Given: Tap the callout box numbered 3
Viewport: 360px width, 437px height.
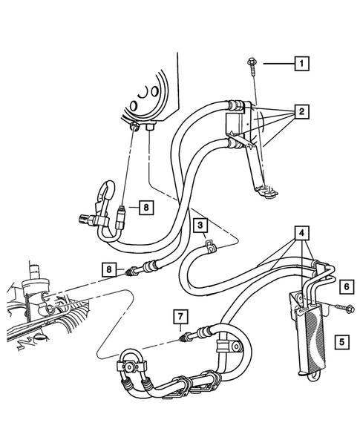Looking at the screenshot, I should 200,223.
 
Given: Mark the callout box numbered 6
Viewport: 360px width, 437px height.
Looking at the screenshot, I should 345,285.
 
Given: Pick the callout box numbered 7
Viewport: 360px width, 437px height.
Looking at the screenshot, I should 180,318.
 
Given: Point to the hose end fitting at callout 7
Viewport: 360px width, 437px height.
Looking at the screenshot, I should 187,339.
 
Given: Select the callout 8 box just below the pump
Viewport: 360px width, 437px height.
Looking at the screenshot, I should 147,208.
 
